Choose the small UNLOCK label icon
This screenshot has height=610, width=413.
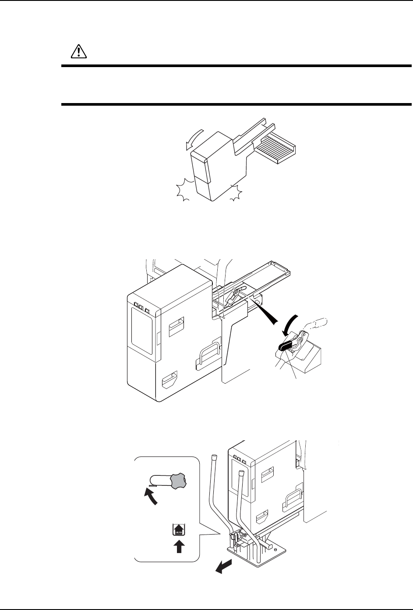pos(178,530)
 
